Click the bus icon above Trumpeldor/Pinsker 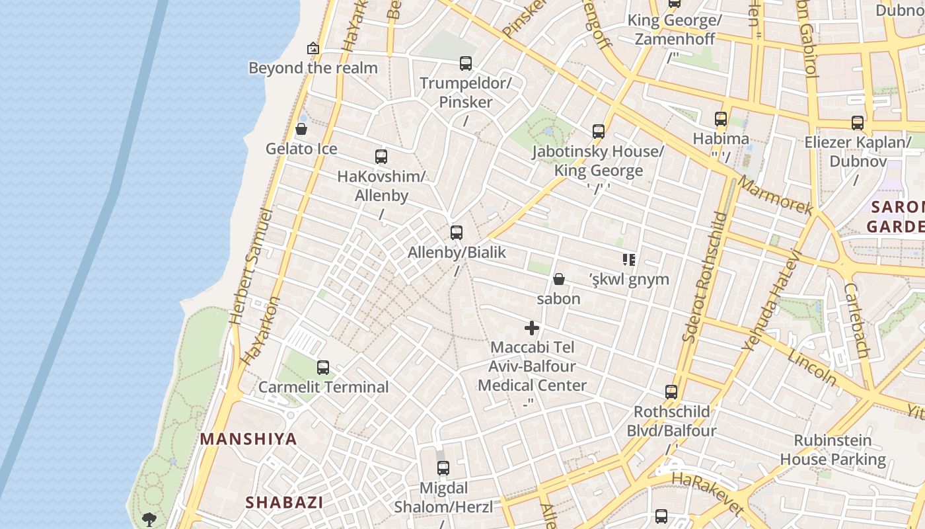(466, 63)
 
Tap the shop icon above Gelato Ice (301, 129)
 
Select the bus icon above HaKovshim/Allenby (381, 157)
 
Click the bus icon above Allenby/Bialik (457, 232)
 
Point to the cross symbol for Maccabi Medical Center (532, 328)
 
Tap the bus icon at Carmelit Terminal (323, 368)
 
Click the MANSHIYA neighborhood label (248, 439)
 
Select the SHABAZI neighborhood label (284, 503)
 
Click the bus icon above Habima (721, 119)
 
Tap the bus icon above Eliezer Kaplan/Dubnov (858, 122)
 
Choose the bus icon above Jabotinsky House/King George (599, 132)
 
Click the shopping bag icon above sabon (559, 279)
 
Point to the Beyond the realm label (313, 67)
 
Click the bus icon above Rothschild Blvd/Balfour (671, 392)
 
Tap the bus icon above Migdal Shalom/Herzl (443, 468)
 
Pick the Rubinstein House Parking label (832, 450)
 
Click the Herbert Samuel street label (250, 267)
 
